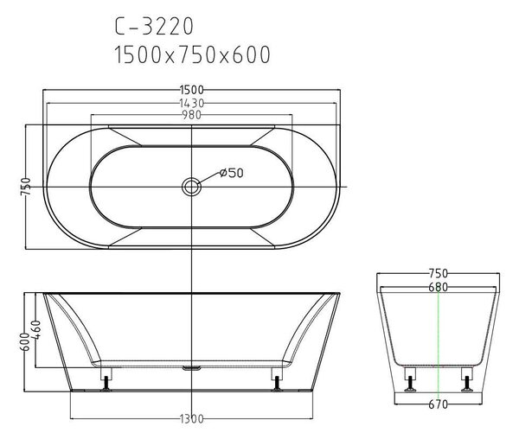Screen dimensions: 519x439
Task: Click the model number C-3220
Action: point(154,26)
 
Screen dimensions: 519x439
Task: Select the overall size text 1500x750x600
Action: point(192,54)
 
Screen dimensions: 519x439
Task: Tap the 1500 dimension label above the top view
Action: point(192,90)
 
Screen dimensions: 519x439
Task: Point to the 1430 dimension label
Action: point(192,103)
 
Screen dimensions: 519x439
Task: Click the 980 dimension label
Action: point(192,115)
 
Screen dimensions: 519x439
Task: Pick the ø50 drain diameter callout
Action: point(231,173)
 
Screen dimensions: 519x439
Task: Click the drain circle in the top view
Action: point(191,188)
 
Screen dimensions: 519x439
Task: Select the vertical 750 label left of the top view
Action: point(26,187)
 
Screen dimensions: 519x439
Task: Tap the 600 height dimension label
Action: point(25,342)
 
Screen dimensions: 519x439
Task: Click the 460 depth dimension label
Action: point(35,329)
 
